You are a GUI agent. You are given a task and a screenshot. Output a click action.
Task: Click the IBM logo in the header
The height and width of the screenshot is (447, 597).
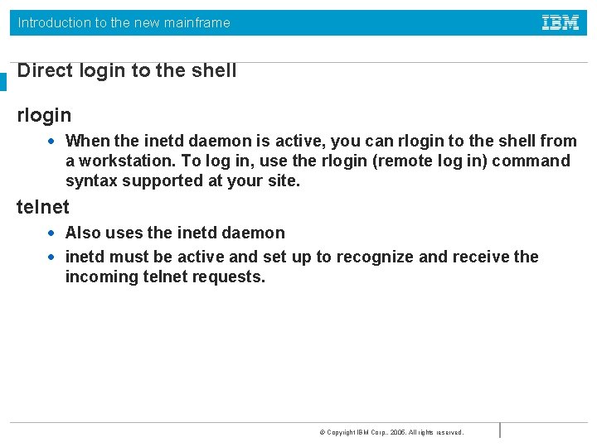pos(561,23)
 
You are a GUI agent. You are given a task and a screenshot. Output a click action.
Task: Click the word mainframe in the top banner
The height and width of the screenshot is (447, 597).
pos(197,23)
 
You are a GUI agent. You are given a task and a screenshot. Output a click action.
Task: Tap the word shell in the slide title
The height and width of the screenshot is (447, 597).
pos(214,71)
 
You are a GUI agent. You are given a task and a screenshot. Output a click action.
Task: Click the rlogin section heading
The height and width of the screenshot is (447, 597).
pos(44,115)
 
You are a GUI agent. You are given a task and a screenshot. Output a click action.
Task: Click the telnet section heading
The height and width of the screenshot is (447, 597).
pos(43,207)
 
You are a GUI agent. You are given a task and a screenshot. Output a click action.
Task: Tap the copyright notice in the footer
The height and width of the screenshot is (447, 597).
pos(391,432)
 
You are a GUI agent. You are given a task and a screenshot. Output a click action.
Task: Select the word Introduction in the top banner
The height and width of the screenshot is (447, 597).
pos(54,23)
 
